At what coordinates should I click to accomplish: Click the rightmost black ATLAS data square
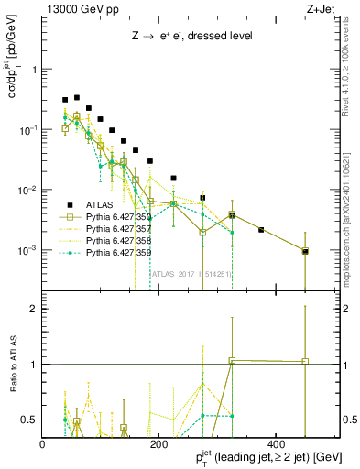305,250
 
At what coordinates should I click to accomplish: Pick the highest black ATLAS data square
77,97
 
